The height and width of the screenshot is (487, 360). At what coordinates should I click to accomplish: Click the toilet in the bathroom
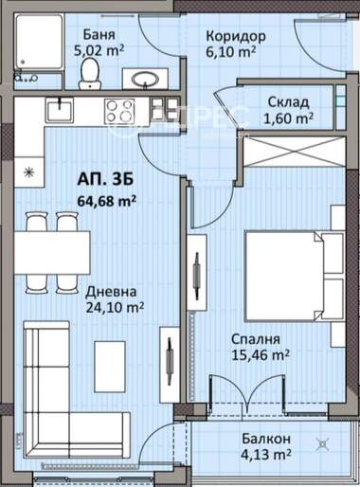click(x=89, y=74)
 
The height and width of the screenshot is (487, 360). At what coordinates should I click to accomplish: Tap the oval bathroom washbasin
click(x=145, y=79)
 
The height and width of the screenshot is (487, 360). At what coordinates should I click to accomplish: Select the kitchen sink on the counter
click(x=60, y=110)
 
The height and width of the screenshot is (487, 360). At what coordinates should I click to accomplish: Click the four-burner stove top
click(x=119, y=110)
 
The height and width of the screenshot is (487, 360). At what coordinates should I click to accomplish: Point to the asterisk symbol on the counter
click(x=29, y=172)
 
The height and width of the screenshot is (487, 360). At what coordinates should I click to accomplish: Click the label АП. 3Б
click(x=105, y=180)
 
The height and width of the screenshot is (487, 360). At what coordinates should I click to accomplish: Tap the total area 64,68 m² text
click(x=107, y=201)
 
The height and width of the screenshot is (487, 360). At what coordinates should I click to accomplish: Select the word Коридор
click(x=236, y=36)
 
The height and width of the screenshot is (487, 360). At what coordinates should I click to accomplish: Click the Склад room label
click(x=288, y=102)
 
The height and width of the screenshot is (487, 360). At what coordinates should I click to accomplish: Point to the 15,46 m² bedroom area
click(x=261, y=354)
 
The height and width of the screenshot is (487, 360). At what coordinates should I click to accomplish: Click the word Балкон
click(x=266, y=439)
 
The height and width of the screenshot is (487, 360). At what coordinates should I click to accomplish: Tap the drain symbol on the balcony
click(x=323, y=444)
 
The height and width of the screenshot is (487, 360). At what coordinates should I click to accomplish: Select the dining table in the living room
click(x=52, y=253)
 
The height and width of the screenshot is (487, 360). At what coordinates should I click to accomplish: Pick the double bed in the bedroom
click(x=295, y=277)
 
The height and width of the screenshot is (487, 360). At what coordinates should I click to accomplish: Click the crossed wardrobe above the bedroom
click(x=295, y=151)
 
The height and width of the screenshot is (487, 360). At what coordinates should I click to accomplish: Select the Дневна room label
click(x=111, y=292)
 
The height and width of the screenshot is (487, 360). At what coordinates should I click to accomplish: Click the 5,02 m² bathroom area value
click(x=99, y=50)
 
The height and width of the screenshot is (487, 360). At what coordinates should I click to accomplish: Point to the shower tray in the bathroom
click(x=39, y=42)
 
